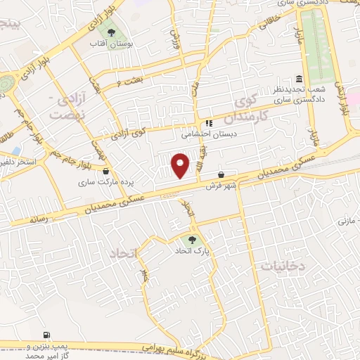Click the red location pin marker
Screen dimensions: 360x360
(x=181, y=165)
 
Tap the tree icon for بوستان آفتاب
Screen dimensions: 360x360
(x=110, y=32)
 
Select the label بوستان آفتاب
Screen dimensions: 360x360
(x=110, y=45)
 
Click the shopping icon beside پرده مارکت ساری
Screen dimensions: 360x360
(x=105, y=171)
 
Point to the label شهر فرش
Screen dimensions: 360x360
(x=219, y=186)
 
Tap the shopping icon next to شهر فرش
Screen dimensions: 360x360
(x=221, y=174)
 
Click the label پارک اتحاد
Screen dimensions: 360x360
(x=193, y=250)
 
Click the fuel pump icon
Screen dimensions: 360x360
(x=46, y=335)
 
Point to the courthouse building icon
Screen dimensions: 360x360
(x=300, y=79)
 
